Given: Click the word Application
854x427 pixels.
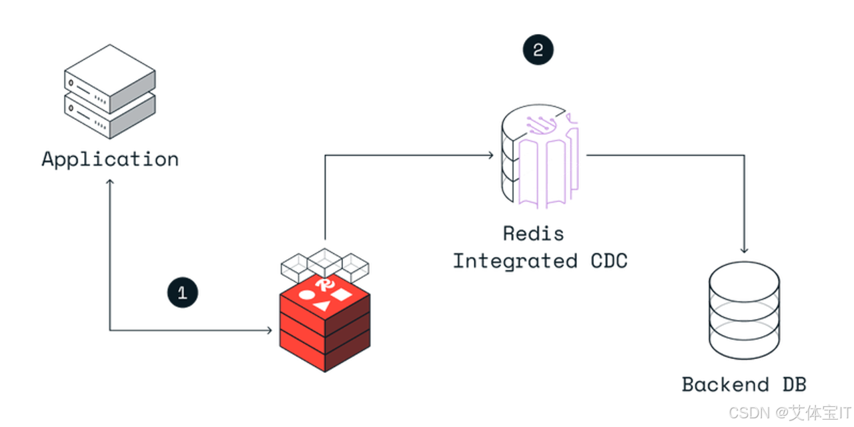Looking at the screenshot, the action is (110, 159).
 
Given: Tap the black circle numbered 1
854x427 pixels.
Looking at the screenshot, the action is (183, 292).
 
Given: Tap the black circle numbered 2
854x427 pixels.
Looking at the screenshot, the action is (538, 50).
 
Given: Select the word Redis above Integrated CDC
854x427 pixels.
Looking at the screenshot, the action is (533, 234).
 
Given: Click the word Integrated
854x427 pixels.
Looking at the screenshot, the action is (515, 262).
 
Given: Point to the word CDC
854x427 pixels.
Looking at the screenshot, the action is (609, 262).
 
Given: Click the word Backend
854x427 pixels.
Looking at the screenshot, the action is (725, 384).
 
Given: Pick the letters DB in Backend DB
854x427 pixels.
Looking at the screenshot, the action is (795, 384).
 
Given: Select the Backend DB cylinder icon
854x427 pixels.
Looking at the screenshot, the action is (744, 310).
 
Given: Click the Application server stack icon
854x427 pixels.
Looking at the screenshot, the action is (110, 91).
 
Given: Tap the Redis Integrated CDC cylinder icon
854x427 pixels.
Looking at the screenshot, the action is (540, 156).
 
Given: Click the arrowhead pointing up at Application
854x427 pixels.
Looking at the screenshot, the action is (110, 182).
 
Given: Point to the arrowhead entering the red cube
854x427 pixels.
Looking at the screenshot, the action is (270, 330).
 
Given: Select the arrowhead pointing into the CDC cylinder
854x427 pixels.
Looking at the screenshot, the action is (491, 155).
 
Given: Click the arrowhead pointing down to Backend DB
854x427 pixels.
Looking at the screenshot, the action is (744, 250).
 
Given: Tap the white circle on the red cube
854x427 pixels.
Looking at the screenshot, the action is (307, 295).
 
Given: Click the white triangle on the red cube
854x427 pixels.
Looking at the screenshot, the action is (322, 306).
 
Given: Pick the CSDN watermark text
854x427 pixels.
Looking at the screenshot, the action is (789, 413).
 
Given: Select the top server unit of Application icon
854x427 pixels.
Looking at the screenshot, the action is (110, 79).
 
